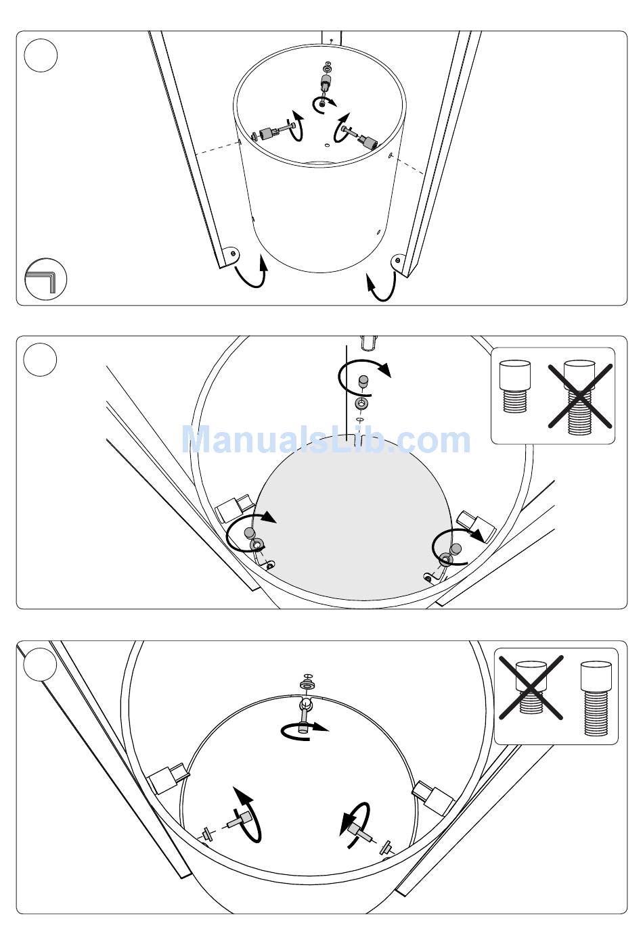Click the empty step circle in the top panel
click(41, 55)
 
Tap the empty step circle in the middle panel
click(40, 360)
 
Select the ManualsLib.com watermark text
click(326, 439)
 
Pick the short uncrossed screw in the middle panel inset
click(515, 386)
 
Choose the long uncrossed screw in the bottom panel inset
click(596, 698)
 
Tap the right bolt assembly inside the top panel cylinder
click(359, 137)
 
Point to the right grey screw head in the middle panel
click(456, 548)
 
